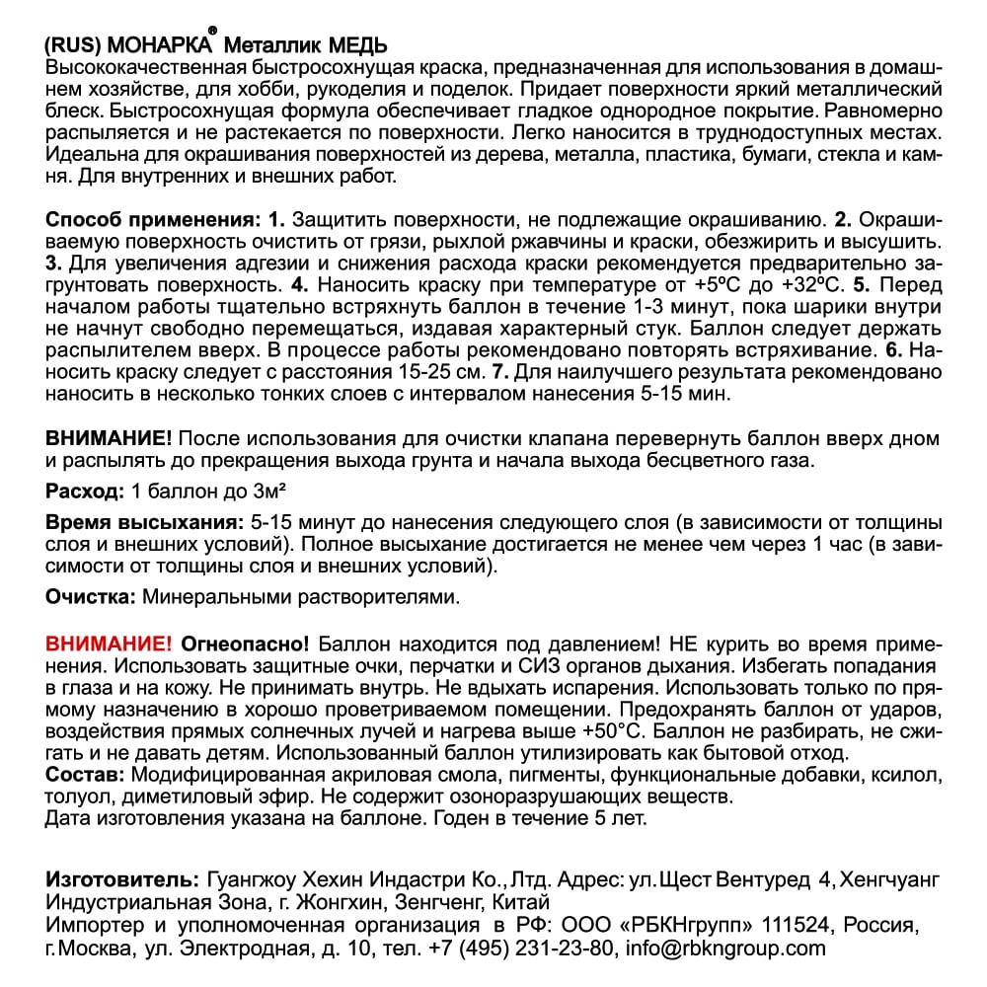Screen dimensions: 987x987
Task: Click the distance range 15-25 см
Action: point(435,372)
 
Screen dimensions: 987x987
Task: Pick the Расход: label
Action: point(85,492)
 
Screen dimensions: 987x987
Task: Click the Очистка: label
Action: point(91,597)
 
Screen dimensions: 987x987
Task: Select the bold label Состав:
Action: point(85,775)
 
